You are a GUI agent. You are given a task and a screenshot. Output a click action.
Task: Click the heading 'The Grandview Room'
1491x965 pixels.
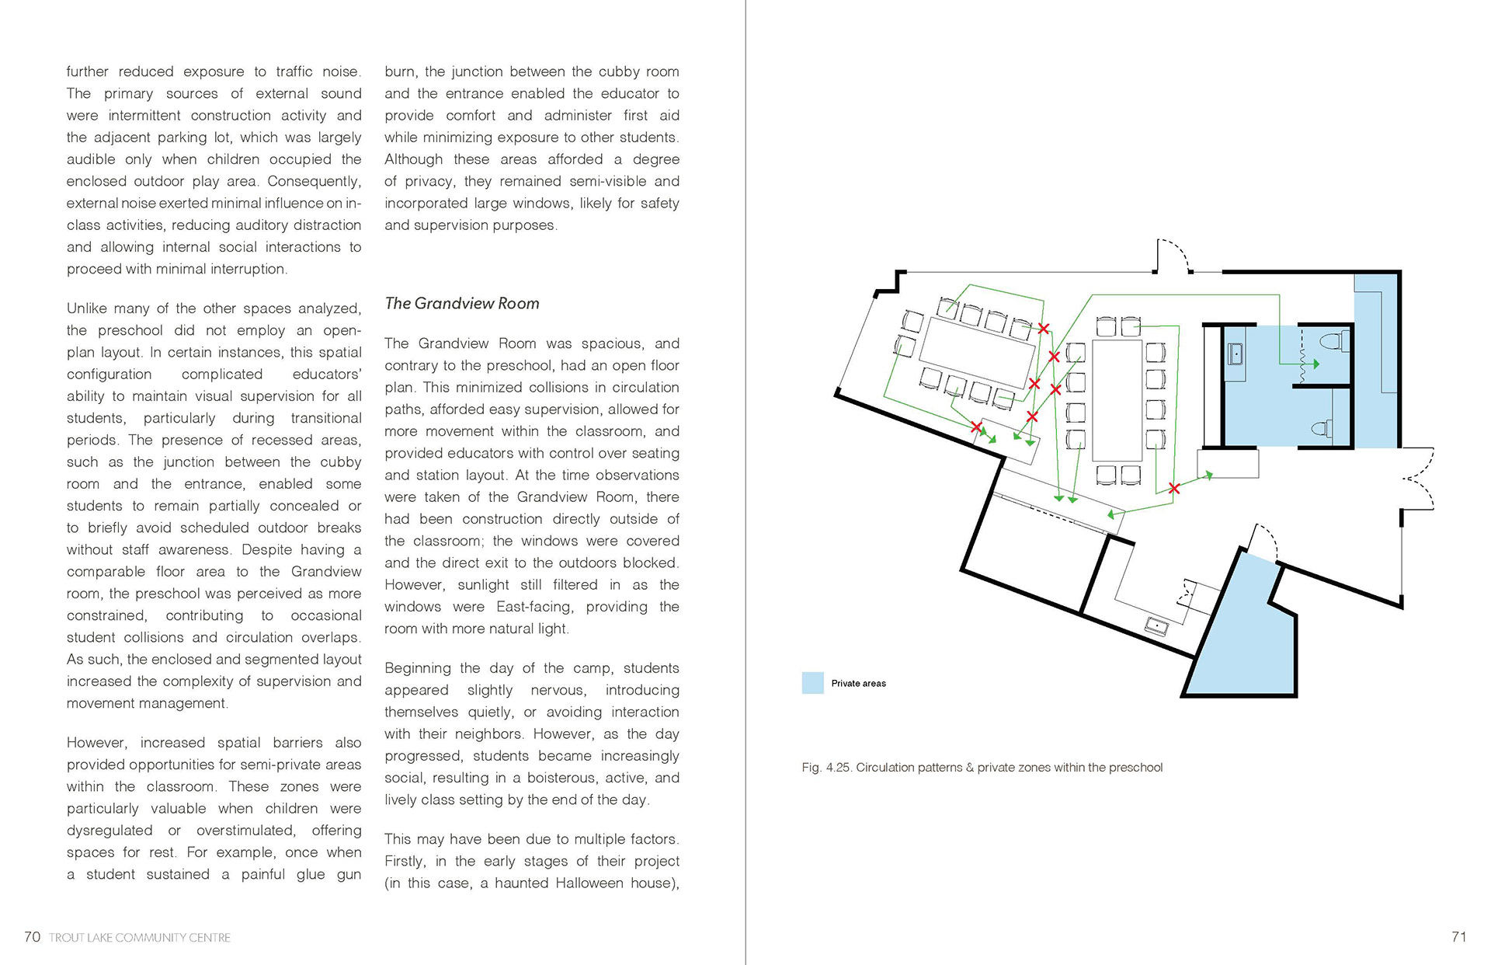(x=461, y=304)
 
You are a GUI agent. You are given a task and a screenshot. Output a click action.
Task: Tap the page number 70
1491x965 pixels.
(x=32, y=937)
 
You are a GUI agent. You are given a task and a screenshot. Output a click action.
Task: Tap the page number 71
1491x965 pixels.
(x=1458, y=937)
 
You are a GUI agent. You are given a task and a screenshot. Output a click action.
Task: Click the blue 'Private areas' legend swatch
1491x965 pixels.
(x=812, y=683)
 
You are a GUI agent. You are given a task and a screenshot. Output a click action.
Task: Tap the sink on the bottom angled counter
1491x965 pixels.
(x=1156, y=625)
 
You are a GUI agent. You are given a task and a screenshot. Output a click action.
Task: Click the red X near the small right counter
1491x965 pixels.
(x=1174, y=489)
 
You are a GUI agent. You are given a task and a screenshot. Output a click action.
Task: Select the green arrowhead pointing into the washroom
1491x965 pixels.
(x=1315, y=364)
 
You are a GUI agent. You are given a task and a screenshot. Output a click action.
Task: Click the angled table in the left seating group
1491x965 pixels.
(x=978, y=354)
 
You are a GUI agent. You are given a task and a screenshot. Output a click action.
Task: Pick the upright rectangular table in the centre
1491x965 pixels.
(x=1117, y=399)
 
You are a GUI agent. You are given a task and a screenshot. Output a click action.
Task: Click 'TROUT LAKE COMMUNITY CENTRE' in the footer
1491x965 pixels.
(x=140, y=938)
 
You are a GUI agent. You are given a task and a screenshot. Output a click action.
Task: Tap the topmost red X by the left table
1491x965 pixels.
(x=1044, y=329)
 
